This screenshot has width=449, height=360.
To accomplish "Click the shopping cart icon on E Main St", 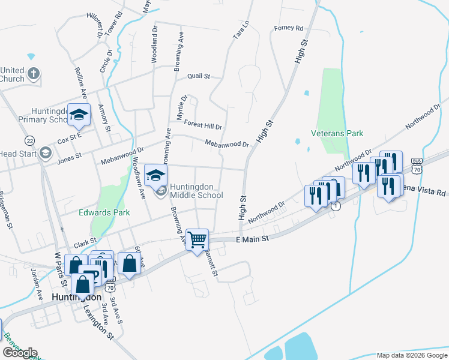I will [x=197, y=240].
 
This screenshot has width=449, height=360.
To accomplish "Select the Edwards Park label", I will [x=104, y=212].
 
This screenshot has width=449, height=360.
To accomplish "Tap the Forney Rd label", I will [x=289, y=28].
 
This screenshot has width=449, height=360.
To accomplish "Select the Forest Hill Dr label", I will [x=203, y=126].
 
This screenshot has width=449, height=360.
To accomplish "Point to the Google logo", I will [x=20, y=353].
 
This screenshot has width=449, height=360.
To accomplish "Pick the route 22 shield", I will [x=29, y=140].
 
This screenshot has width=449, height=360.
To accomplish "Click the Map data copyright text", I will [x=411, y=355].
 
